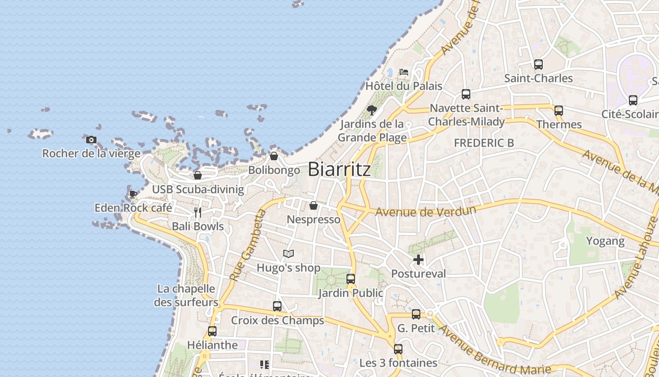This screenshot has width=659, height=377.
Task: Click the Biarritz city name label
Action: [339, 170]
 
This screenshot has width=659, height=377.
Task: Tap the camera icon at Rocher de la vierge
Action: [91, 139]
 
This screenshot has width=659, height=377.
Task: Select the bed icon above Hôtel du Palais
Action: [404, 72]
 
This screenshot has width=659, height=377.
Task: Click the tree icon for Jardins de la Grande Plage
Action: [372, 110]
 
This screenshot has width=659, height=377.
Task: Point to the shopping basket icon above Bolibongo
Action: [274, 156]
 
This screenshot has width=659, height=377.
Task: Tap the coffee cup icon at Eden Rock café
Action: [133, 194]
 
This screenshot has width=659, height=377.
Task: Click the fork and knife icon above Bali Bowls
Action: [198, 213]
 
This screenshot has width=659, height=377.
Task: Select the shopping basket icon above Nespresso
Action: [313, 205]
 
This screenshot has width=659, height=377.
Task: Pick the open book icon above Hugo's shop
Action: [289, 254]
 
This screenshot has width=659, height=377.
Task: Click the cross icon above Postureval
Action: [418, 260]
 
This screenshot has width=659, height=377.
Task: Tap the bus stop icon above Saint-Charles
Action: [538, 65]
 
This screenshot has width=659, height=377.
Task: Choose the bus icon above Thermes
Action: [559, 111]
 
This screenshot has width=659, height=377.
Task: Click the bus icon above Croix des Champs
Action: [277, 306]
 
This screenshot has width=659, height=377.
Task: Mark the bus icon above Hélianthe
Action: [212, 331]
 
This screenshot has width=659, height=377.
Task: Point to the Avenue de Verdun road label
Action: [426, 211]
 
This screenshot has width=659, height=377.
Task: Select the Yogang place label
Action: [605, 241]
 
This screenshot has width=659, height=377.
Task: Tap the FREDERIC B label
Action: [483, 143]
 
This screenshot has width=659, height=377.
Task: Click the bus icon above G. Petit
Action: [416, 314]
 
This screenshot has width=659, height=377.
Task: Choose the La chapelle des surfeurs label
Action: [186, 295]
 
